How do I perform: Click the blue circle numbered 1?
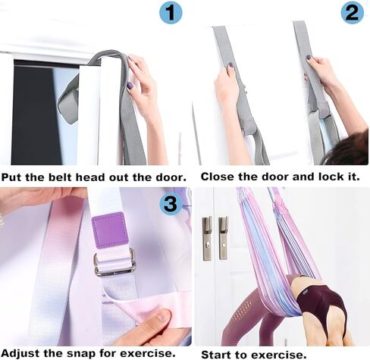click(x=171, y=13)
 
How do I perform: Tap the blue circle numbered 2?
click(x=352, y=13)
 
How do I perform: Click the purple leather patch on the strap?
click(x=111, y=230)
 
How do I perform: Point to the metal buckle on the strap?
click(x=114, y=262)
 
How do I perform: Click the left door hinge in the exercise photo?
click(x=207, y=237)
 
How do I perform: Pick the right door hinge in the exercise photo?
click(x=223, y=237)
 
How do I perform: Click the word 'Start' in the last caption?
click(x=217, y=353)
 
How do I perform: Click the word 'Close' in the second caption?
click(x=218, y=176)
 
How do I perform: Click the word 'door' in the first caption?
click(x=155, y=176)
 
